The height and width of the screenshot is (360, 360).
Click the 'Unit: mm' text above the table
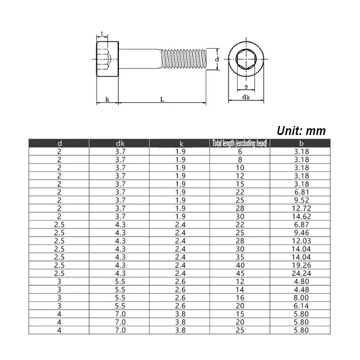point(301,130)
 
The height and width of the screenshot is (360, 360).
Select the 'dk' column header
point(120,144)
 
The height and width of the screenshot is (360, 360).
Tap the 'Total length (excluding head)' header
point(239,143)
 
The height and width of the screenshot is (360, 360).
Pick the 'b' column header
point(301,144)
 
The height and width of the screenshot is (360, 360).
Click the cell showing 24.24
point(301,273)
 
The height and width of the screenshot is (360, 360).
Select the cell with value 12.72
point(301,208)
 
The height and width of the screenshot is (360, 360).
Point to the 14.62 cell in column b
point(301,216)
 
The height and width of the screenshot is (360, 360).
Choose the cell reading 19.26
point(301,265)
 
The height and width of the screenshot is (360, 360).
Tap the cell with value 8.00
point(301,297)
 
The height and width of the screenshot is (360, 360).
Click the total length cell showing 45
point(240,273)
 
